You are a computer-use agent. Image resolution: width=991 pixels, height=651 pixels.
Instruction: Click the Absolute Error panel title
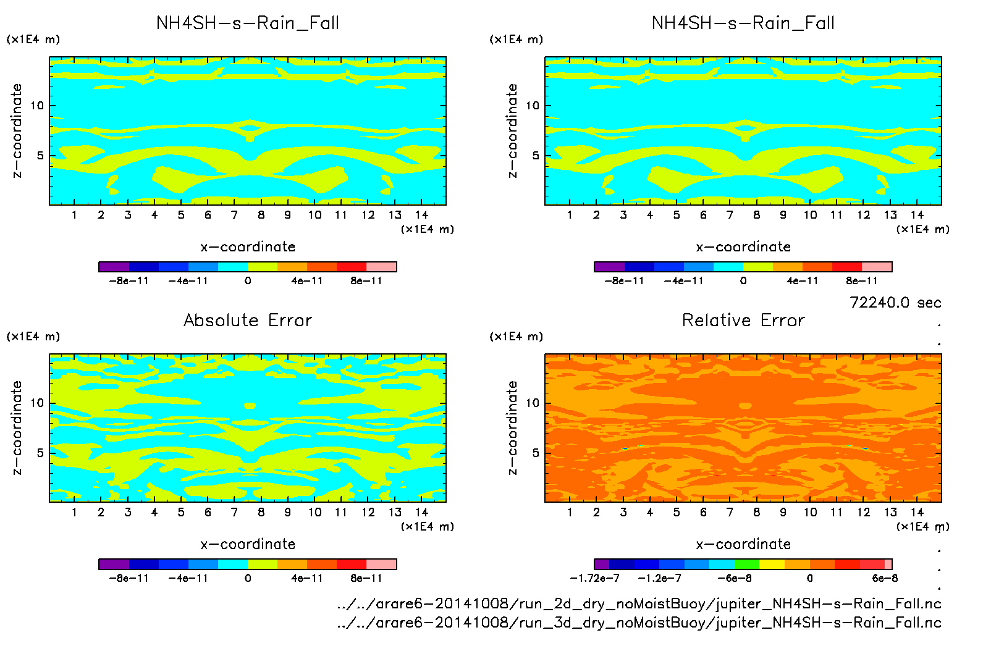[x=248, y=320]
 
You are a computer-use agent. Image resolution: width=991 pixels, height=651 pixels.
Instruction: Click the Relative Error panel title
[x=743, y=320]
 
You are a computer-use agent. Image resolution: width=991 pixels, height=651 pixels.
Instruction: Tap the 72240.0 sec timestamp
[x=895, y=303]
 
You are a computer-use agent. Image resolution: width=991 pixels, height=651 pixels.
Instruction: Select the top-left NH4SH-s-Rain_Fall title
[x=248, y=23]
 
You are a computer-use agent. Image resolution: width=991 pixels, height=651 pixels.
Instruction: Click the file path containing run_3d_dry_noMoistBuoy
[x=639, y=623]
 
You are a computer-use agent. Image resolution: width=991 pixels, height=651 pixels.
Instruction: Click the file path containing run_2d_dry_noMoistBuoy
[x=639, y=603]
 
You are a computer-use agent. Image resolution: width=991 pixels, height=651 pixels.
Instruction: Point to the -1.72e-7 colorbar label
[x=594, y=578]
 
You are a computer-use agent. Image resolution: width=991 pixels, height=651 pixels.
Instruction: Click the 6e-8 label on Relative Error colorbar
[x=885, y=578]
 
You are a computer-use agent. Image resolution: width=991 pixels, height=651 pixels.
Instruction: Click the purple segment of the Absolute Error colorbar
[x=114, y=564]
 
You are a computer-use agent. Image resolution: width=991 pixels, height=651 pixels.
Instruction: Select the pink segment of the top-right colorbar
[x=877, y=267]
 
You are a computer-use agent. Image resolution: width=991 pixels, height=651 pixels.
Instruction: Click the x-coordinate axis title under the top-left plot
[x=248, y=247]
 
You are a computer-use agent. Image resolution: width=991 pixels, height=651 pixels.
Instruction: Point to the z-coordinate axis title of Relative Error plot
[x=512, y=427]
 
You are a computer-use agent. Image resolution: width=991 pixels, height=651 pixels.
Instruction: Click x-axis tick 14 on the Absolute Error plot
[x=421, y=512]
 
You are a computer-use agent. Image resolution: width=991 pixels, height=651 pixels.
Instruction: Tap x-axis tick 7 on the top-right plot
[x=730, y=215]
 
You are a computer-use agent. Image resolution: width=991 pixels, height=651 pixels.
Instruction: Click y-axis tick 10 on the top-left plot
[x=38, y=106]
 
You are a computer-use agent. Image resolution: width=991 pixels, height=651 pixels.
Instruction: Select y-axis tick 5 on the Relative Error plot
[x=536, y=453]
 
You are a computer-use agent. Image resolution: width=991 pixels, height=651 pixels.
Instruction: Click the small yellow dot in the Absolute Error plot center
[x=250, y=406]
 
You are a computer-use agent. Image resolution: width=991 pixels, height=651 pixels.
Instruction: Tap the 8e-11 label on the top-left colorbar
[x=366, y=281]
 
